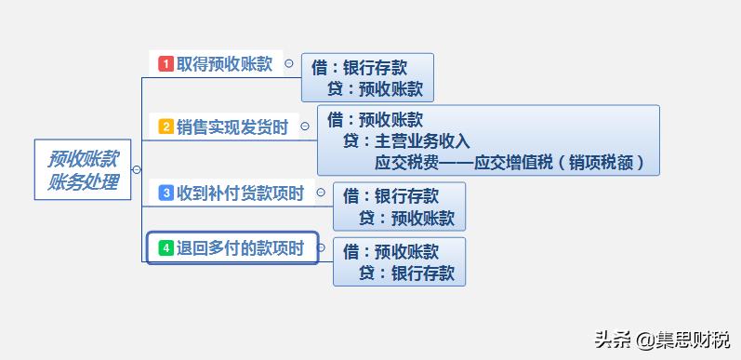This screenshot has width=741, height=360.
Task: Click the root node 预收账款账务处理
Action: (84, 169)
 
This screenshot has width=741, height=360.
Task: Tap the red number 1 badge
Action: (165, 64)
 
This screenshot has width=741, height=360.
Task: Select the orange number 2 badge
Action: (165, 127)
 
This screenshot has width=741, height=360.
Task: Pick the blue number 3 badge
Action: (165, 193)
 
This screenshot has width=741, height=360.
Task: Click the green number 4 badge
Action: (165, 248)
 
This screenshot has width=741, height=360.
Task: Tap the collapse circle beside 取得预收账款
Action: (288, 64)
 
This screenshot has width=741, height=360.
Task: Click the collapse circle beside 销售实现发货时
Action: (304, 127)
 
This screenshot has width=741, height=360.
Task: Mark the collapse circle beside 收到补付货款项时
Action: (320, 193)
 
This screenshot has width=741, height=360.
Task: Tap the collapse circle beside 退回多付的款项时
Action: (320, 248)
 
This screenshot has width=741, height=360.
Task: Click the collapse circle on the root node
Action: (137, 169)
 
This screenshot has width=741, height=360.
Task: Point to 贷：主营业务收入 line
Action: (406, 141)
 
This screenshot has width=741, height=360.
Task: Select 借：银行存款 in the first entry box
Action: (359, 67)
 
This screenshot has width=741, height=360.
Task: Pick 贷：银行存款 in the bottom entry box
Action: (406, 273)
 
